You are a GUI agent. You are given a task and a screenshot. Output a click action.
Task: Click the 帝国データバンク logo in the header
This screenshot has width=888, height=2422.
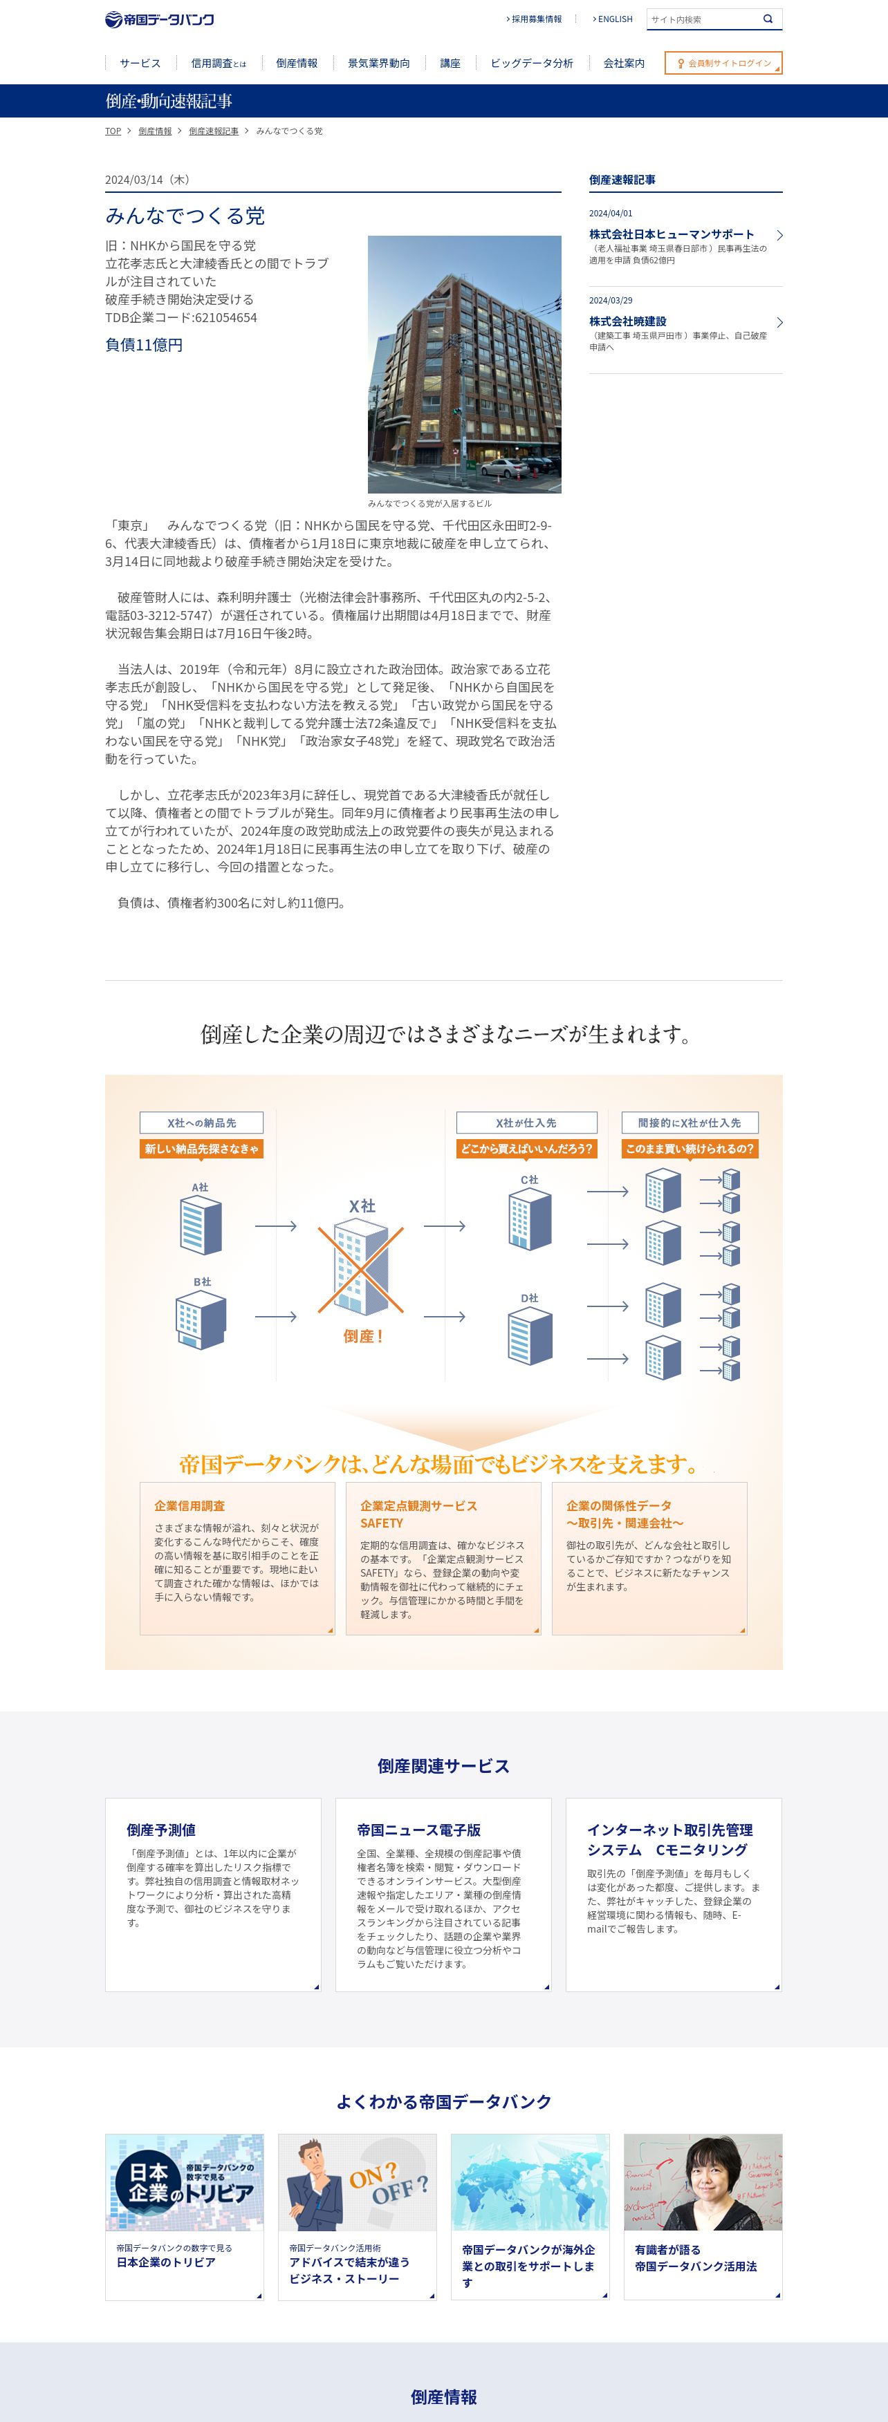[x=160, y=20]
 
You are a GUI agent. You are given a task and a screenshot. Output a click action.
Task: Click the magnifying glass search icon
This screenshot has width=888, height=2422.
[x=768, y=19]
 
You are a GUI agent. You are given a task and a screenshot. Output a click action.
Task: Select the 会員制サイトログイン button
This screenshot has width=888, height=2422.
[x=723, y=63]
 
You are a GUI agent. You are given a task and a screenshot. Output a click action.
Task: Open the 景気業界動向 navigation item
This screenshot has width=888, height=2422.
[x=379, y=63]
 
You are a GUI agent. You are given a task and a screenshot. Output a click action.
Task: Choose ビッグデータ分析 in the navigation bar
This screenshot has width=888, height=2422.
[x=531, y=63]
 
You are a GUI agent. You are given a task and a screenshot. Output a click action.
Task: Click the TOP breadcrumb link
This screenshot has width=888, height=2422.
[x=113, y=131]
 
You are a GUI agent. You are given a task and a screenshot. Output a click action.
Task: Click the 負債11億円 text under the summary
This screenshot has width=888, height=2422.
[x=144, y=345]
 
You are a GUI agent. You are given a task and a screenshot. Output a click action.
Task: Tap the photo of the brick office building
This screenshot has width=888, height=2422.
[x=465, y=364]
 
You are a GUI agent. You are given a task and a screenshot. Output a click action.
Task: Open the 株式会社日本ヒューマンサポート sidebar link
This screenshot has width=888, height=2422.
[x=672, y=234]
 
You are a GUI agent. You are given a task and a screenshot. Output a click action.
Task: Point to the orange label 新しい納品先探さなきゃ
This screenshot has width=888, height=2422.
[x=201, y=1149]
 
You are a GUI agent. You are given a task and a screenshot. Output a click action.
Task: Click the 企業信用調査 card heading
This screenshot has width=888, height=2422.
[x=190, y=1505]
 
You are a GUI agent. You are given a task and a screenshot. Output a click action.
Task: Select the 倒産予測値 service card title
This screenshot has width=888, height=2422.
[x=161, y=1830]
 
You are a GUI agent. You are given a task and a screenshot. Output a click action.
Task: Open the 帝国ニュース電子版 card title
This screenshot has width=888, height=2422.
[x=418, y=1830]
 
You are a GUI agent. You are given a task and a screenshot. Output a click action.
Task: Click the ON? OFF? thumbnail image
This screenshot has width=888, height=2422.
[x=358, y=2182]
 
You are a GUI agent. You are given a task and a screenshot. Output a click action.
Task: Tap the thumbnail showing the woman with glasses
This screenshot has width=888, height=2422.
[x=703, y=2182]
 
